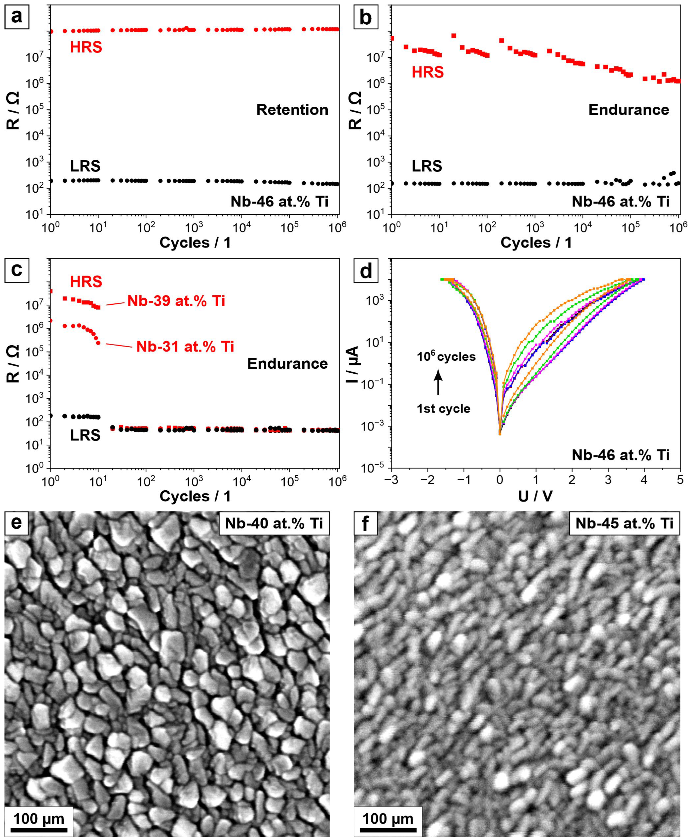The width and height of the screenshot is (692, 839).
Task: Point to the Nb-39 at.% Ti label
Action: coord(176,301)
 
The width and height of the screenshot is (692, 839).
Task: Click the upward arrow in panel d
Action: coord(438,382)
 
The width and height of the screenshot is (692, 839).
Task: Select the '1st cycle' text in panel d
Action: coord(443,409)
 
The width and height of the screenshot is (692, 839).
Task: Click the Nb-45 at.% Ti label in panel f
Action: coord(624,523)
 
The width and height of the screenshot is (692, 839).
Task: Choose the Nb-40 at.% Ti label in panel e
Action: coord(274,523)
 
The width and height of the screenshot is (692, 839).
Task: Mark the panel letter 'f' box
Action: coord(365,523)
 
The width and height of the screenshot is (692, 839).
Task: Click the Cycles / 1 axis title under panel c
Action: coord(195,496)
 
